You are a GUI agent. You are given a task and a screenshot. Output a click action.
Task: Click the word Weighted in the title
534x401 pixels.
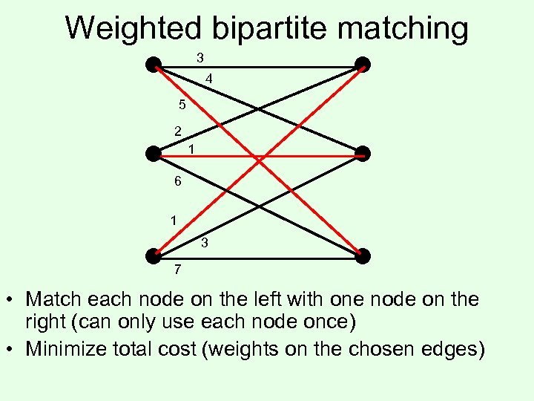pyautogui.click(x=133, y=28)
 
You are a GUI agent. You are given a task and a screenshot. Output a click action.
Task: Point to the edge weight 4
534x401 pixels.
pyautogui.click(x=210, y=78)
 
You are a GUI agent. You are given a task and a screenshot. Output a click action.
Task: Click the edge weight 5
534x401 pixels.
pyautogui.click(x=182, y=105)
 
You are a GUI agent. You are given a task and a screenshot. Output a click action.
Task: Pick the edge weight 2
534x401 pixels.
pyautogui.click(x=177, y=131)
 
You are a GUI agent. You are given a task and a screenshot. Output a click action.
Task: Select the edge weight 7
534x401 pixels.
pyautogui.click(x=177, y=268)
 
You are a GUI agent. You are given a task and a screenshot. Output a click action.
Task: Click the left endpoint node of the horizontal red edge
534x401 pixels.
pyautogui.click(x=154, y=154)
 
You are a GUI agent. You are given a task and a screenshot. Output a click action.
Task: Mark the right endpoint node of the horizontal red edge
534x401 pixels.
pyautogui.click(x=362, y=154)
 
